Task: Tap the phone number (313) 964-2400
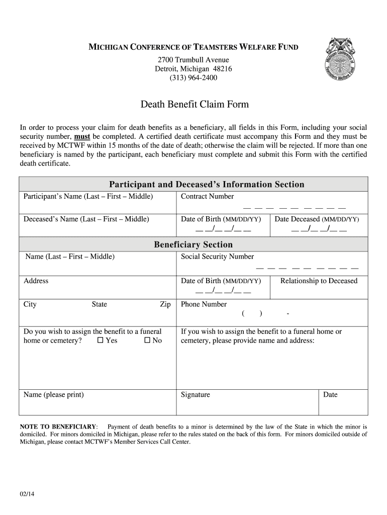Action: click(193, 78)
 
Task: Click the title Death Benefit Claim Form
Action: click(194, 105)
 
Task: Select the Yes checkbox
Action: click(100, 340)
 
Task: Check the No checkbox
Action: click(147, 340)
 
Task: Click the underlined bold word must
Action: click(82, 137)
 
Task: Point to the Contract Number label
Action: click(207, 197)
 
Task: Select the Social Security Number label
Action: click(217, 256)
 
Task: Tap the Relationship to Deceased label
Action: click(319, 281)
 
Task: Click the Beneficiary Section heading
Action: click(193, 244)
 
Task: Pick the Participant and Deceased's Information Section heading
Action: click(207, 185)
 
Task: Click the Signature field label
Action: click(196, 395)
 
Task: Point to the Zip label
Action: click(165, 304)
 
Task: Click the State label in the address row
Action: click(99, 304)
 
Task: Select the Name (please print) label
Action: click(54, 395)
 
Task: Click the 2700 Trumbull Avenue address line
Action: click(193, 60)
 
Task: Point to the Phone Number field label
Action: click(204, 304)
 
